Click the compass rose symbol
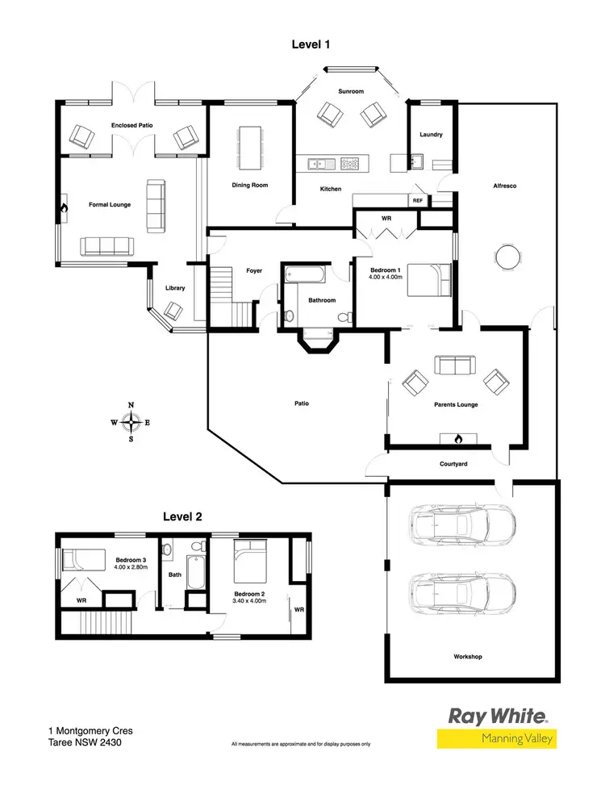point(131,422)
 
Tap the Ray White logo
point(498,716)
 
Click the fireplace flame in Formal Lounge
point(64,207)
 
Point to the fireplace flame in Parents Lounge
point(457,439)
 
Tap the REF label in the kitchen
point(418,200)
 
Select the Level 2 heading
point(182,516)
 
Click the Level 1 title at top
point(311,44)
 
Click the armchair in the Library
point(173,310)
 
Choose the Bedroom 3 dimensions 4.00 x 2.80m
point(130,568)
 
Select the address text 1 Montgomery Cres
point(90,731)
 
